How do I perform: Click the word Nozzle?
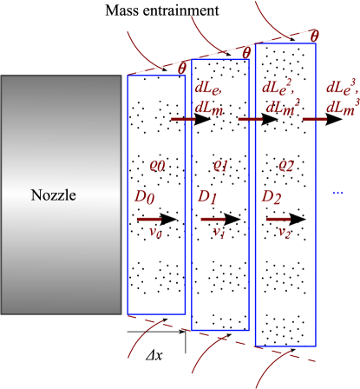pyautogui.click(x=54, y=195)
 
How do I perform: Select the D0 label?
pyautogui.click(x=144, y=200)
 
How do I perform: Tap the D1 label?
pyautogui.click(x=207, y=198)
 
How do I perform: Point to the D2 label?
pyautogui.click(x=272, y=198)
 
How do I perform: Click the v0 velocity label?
pyautogui.click(x=156, y=232)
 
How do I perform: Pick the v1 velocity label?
pyautogui.click(x=219, y=232)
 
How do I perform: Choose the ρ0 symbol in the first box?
pyautogui.click(x=157, y=165)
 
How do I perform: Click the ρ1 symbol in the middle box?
pyautogui.click(x=220, y=165)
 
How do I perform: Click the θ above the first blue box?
pyautogui.click(x=182, y=68)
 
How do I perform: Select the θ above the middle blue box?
pyautogui.click(x=246, y=52)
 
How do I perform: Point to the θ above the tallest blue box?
pyautogui.click(x=314, y=36)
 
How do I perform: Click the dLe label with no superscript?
pyautogui.click(x=208, y=89)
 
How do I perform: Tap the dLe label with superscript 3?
pyautogui.click(x=343, y=87)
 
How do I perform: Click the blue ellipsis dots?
pyautogui.click(x=337, y=192)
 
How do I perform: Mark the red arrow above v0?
pyautogui.click(x=149, y=220)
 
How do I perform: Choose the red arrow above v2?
pyautogui.click(x=278, y=220)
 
